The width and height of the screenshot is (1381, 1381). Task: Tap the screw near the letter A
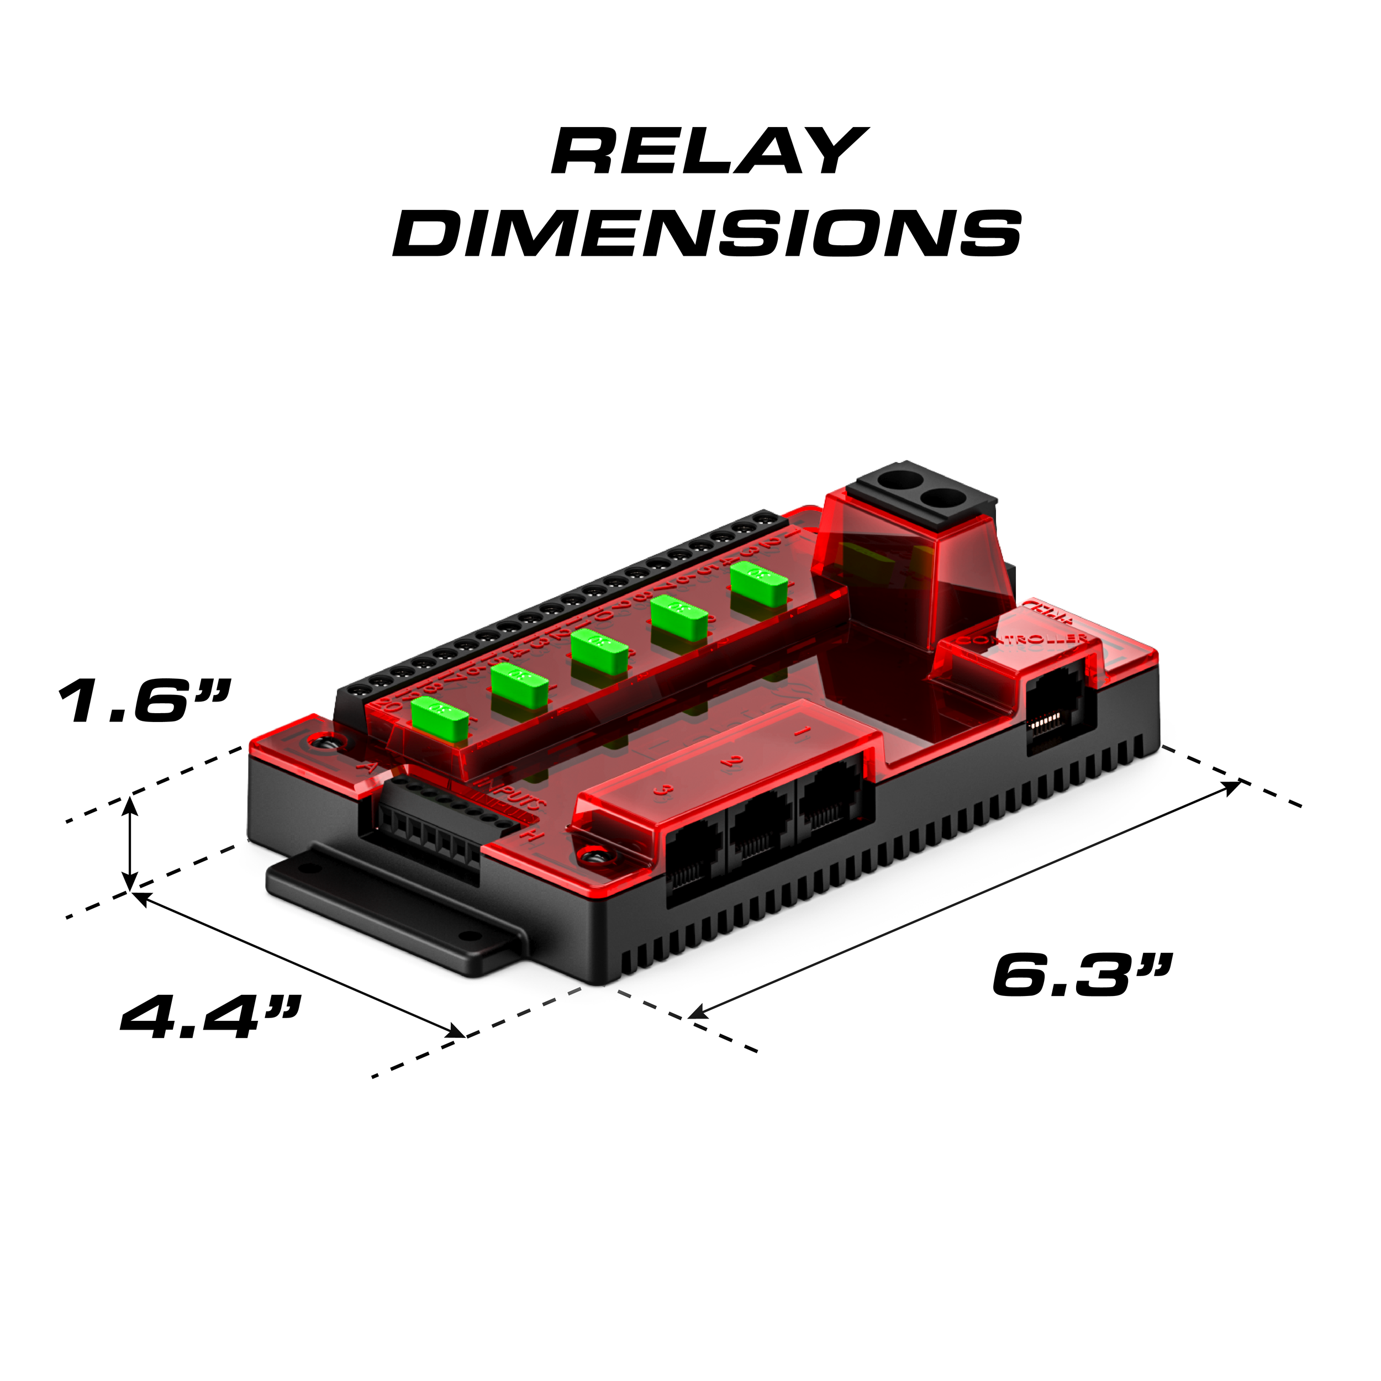click(328, 744)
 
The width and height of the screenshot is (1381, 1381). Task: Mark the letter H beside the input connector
click(530, 834)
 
